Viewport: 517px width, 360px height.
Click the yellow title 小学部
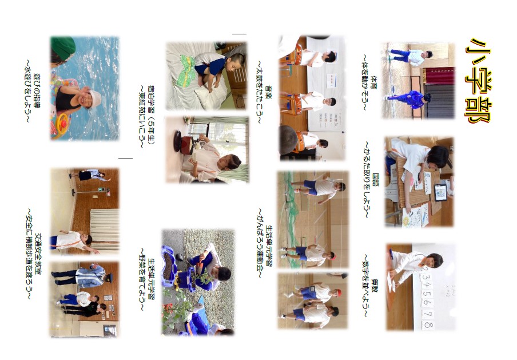[x=478, y=81]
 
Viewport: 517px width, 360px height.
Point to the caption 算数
[x=375, y=286]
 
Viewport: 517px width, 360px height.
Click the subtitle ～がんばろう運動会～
[x=260, y=243]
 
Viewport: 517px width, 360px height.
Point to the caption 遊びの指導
[x=36, y=92]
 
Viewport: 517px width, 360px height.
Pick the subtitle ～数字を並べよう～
[x=365, y=286]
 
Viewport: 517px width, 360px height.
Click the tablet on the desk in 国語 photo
[x=440, y=193]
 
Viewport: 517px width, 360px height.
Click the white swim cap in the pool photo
[x=96, y=98]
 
